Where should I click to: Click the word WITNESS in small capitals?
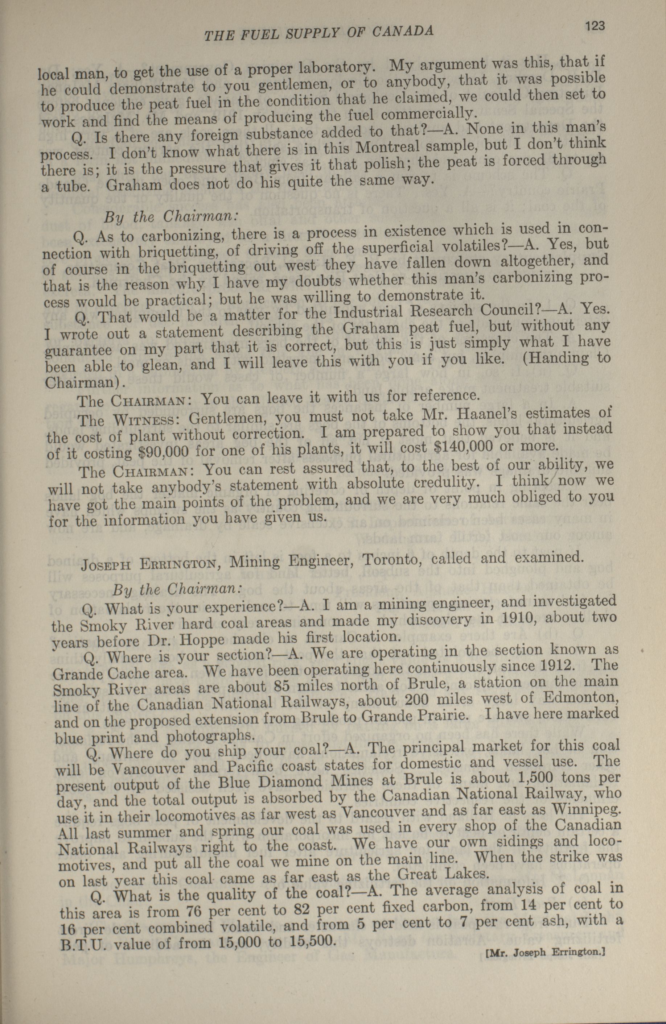pyautogui.click(x=143, y=419)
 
